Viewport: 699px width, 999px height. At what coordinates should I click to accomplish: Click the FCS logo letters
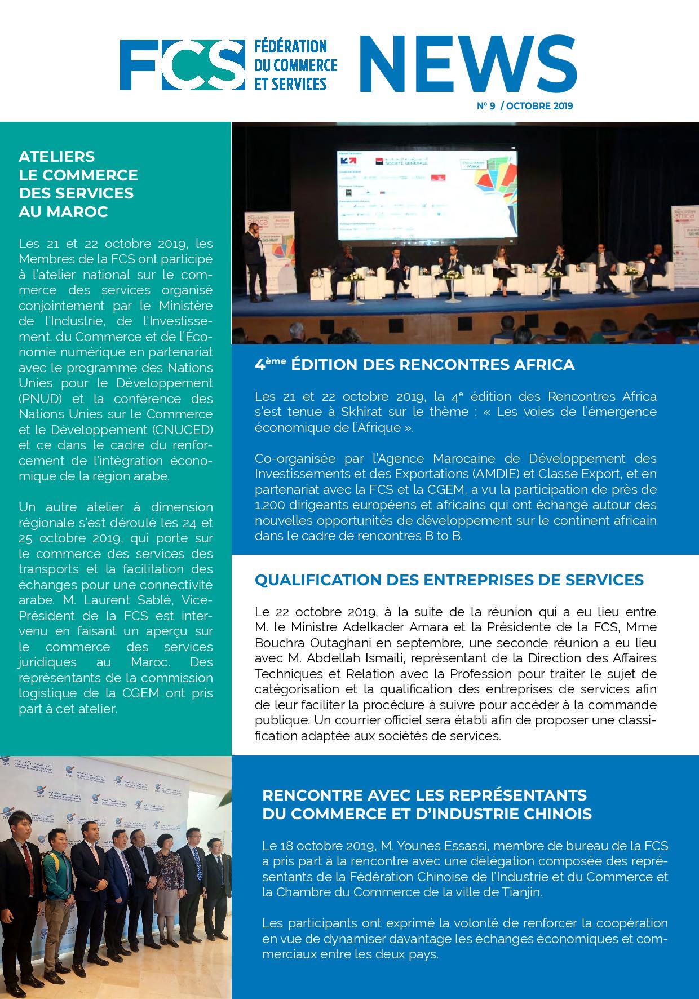(178, 65)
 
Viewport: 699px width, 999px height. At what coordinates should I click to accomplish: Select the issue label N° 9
(485, 105)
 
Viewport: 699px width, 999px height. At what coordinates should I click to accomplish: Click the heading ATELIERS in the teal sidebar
(56, 156)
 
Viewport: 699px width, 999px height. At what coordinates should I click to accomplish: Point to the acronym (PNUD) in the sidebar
(39, 399)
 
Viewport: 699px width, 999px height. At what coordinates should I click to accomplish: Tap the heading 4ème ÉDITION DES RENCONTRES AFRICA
(414, 365)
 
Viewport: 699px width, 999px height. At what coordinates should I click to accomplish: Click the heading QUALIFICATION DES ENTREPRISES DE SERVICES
(449, 580)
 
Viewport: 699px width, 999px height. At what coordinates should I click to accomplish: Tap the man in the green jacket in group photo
(55, 879)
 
